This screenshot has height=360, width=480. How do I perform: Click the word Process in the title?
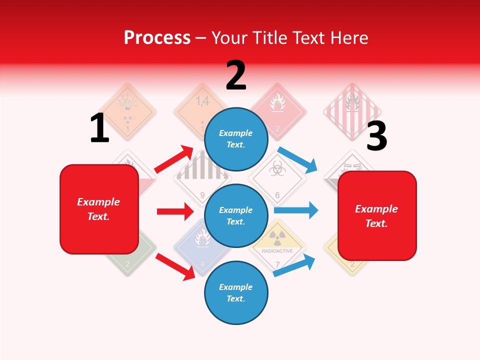point(157,37)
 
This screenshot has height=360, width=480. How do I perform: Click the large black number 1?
point(99,128)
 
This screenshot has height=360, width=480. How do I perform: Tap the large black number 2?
point(236,75)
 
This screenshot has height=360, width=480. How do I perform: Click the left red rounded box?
point(99,209)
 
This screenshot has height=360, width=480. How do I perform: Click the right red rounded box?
point(377,215)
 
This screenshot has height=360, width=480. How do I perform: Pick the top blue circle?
point(236,139)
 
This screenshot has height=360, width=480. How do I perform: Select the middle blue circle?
point(236,216)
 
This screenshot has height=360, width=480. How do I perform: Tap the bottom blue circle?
point(236,292)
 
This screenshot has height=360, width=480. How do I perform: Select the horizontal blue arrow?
point(296,210)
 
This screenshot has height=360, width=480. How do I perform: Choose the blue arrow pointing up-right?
point(295,265)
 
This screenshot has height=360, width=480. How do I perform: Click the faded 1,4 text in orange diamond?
point(202,101)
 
